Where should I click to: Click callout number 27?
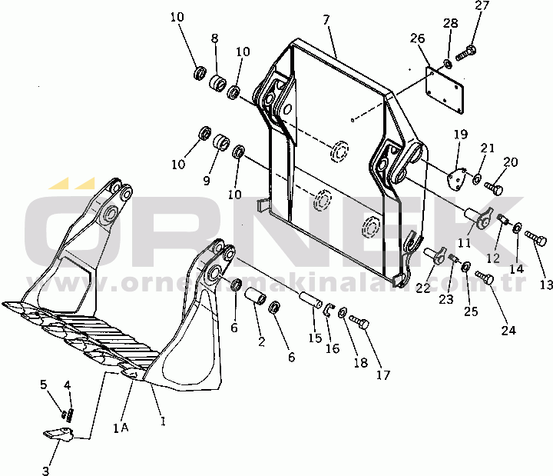pos(481,7)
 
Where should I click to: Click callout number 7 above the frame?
pos(327,17)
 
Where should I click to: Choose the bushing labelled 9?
pos(221,144)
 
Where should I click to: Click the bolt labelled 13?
pos(534,240)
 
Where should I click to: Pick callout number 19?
pos(459,135)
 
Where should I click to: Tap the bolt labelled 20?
pos(496,187)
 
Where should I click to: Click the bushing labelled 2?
pos(257,296)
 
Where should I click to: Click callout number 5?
pos(44,384)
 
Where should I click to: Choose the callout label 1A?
pos(121,427)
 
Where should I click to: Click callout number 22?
pos(423,287)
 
